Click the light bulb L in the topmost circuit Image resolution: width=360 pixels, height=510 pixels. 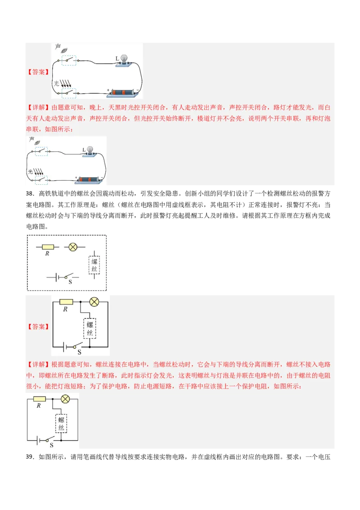[123, 59]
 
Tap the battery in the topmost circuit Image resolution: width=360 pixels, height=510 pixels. [124, 92]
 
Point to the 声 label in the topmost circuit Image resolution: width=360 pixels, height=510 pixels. [58, 47]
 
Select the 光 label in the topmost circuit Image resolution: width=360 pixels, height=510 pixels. [56, 83]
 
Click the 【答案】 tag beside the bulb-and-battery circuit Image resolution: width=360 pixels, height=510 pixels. [38, 72]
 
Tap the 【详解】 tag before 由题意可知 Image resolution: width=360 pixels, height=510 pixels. [38, 108]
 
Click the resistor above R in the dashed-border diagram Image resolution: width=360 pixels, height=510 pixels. [48, 247]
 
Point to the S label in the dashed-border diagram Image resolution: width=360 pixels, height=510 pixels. [70, 282]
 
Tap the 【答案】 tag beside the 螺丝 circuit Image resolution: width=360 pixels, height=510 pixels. [38, 327]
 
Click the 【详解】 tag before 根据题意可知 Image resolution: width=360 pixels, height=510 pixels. [38, 364]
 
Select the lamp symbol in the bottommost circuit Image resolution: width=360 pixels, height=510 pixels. [65, 399]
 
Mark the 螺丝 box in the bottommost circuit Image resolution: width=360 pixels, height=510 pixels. [61, 423]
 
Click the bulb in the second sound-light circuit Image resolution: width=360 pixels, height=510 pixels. [90, 150]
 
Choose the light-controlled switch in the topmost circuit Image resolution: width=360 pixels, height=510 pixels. [68, 93]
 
